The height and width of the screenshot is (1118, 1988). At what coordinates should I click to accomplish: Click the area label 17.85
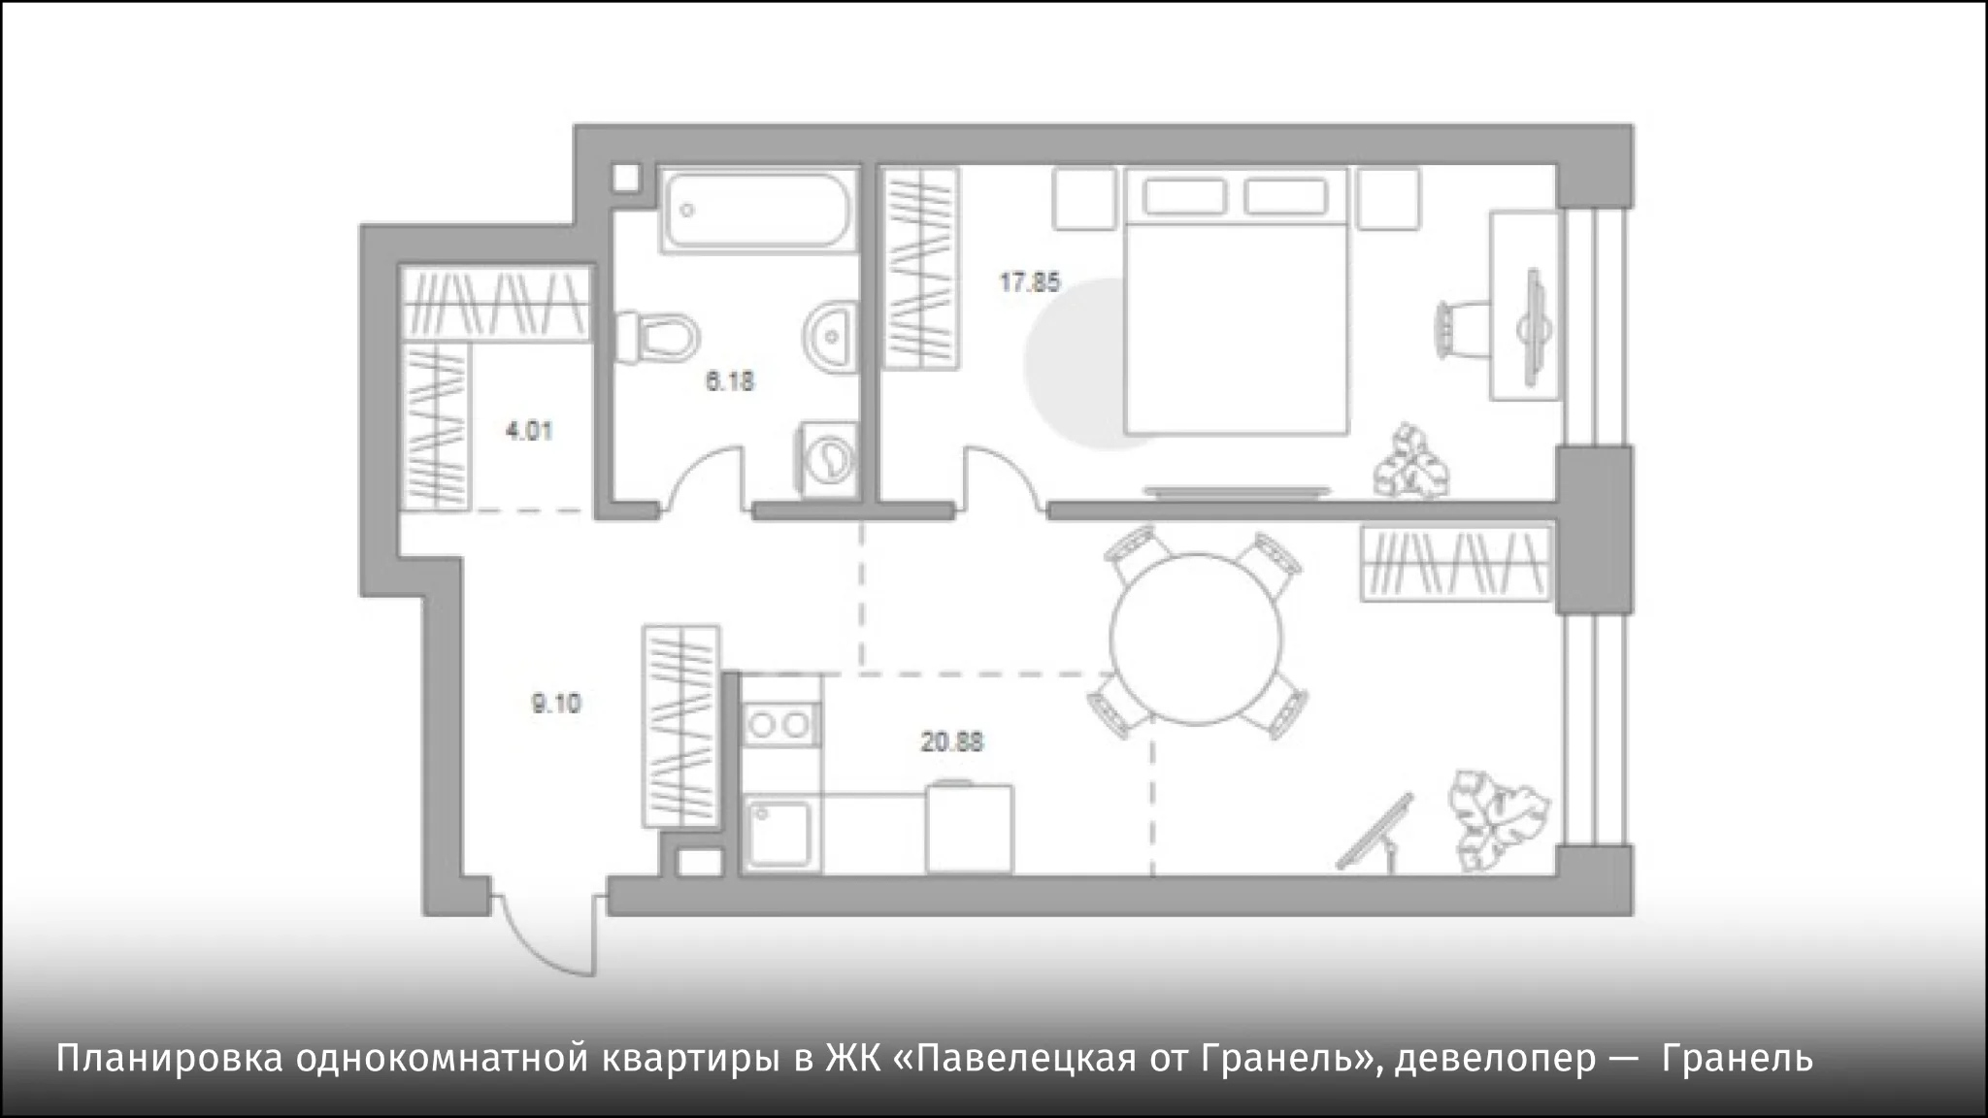(1030, 282)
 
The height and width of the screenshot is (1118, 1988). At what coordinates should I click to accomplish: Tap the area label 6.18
(729, 381)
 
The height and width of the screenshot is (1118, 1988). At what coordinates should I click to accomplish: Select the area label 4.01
(529, 429)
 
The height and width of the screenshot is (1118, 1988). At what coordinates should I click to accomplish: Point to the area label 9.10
(555, 703)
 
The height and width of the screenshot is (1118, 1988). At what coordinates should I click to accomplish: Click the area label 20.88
(952, 742)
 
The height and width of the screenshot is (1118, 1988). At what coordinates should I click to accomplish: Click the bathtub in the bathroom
(758, 211)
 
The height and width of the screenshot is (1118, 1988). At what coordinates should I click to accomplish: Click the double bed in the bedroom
(1237, 301)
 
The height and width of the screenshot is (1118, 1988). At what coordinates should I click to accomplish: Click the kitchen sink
(782, 832)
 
